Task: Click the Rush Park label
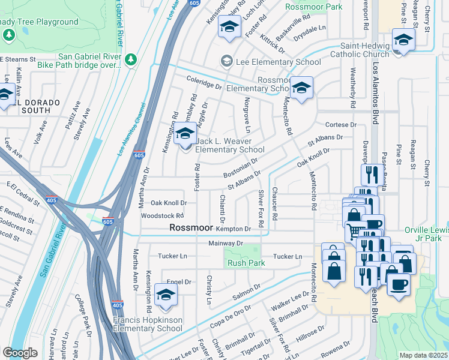[246, 263]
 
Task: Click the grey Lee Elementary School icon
[227, 61]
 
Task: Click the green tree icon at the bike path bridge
[131, 60]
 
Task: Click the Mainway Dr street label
[226, 244]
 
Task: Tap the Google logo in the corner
[20, 353]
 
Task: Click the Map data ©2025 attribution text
[423, 355]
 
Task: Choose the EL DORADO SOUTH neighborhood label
[34, 103]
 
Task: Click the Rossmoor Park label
[313, 7]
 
